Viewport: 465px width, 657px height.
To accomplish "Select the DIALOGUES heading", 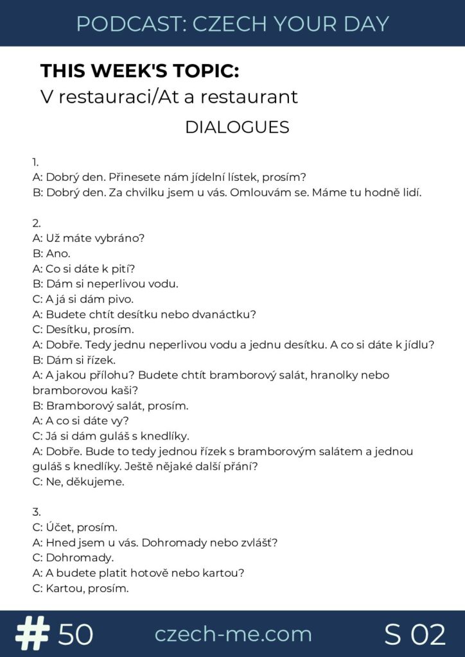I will pos(237,127).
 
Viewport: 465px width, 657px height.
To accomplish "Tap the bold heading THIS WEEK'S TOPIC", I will pos(142,71).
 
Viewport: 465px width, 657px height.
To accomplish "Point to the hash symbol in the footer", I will pos(33,634).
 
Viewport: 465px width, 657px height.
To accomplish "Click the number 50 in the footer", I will pos(76,635).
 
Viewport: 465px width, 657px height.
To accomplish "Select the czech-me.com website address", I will pos(232,634).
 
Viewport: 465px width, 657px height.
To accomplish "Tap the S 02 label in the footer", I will pos(415,635).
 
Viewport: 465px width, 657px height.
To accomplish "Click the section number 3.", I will pos(36,512).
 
